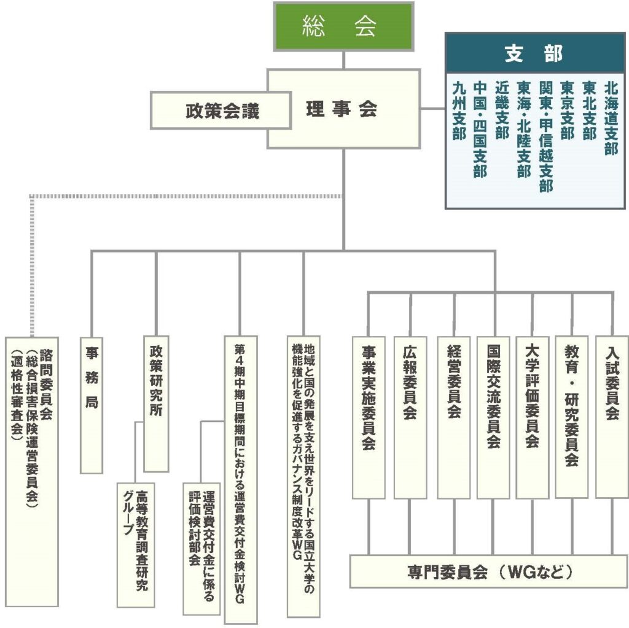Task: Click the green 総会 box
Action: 343,27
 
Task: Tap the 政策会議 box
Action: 221,111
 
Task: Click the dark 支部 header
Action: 535,53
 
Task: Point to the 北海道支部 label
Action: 611,119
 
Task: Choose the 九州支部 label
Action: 459,111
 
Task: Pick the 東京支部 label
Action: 567,111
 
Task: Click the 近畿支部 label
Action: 502,111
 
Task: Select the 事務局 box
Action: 92,406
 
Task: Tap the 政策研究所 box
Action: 156,404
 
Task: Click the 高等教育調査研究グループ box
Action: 136,544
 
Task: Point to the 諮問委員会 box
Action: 32,471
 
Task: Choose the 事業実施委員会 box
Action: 369,418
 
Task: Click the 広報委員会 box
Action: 410,418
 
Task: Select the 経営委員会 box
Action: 453,418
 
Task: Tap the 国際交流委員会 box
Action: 493,418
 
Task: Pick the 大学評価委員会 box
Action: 532,418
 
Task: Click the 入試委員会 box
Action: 612,417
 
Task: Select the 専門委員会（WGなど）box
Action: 488,571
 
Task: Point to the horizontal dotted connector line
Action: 187,196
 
